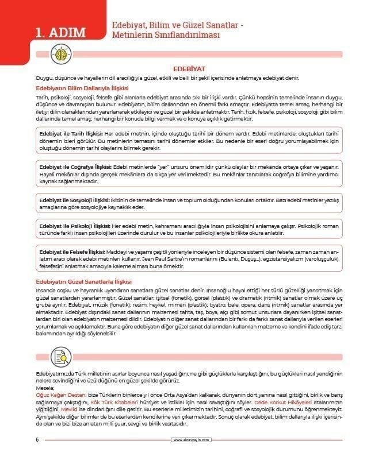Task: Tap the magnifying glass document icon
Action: click(60, 355)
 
